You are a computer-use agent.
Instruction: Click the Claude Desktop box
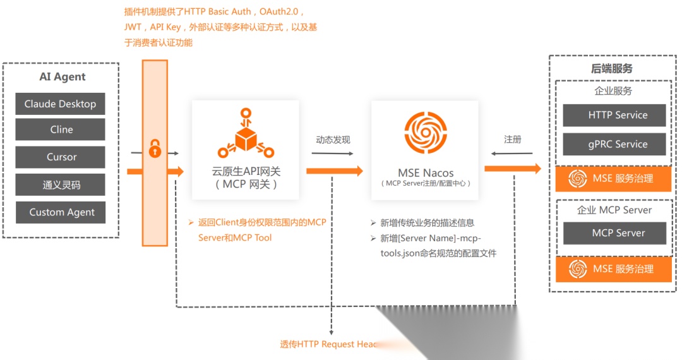(x=60, y=104)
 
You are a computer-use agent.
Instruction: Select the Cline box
(x=60, y=129)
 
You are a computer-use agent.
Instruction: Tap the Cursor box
(x=60, y=157)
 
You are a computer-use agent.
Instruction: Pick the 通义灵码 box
(x=60, y=185)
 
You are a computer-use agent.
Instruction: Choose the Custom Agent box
(x=60, y=212)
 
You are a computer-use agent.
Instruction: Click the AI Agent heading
(x=62, y=77)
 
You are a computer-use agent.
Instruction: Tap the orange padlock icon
(x=155, y=150)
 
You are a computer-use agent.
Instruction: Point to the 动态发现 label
(x=333, y=140)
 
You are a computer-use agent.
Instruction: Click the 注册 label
(x=512, y=139)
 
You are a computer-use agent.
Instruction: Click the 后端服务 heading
(x=611, y=69)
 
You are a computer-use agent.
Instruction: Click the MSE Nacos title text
(x=426, y=172)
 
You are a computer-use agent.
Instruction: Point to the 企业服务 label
(x=613, y=91)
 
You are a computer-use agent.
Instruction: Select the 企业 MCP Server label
(x=614, y=210)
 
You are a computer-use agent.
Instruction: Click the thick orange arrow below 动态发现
(x=334, y=171)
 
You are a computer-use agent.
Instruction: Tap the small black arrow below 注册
(x=512, y=153)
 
